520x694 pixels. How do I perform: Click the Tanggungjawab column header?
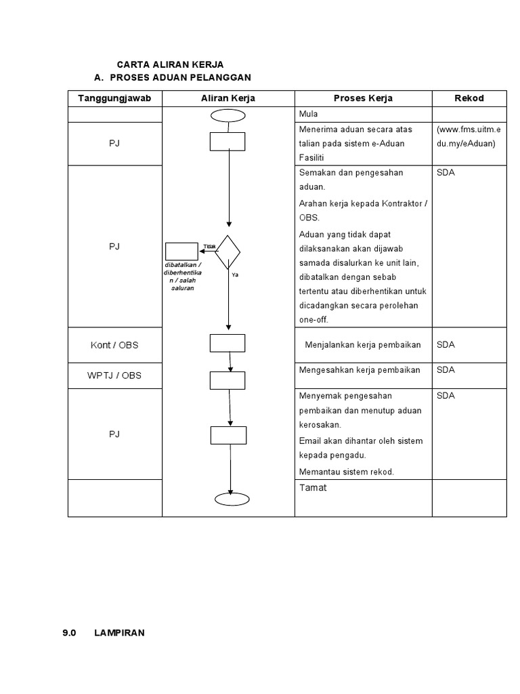pyautogui.click(x=114, y=98)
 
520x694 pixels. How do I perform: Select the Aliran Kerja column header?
pyautogui.click(x=228, y=98)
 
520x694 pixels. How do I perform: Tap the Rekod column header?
pyautogui.click(x=469, y=98)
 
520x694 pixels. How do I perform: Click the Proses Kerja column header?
pyautogui.click(x=363, y=98)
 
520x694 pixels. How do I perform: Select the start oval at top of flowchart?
pyautogui.click(x=227, y=115)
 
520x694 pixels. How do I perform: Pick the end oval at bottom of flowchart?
pyautogui.click(x=232, y=499)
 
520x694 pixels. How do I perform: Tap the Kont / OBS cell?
pyautogui.click(x=114, y=345)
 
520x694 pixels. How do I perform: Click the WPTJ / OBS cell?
pyautogui.click(x=114, y=375)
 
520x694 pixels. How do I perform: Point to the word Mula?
pyautogui.click(x=308, y=114)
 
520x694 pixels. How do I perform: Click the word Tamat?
pyautogui.click(x=312, y=487)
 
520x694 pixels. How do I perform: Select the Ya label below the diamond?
pyautogui.click(x=234, y=275)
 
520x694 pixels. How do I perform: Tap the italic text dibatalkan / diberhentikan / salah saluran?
pyautogui.click(x=182, y=277)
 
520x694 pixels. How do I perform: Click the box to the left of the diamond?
pyautogui.click(x=179, y=251)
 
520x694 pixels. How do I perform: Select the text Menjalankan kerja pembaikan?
pyautogui.click(x=363, y=345)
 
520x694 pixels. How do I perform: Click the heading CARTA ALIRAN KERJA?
pyautogui.click(x=170, y=64)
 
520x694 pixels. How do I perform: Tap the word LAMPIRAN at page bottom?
pyautogui.click(x=119, y=633)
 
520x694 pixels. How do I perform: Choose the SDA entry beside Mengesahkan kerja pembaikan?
pyautogui.click(x=446, y=370)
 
